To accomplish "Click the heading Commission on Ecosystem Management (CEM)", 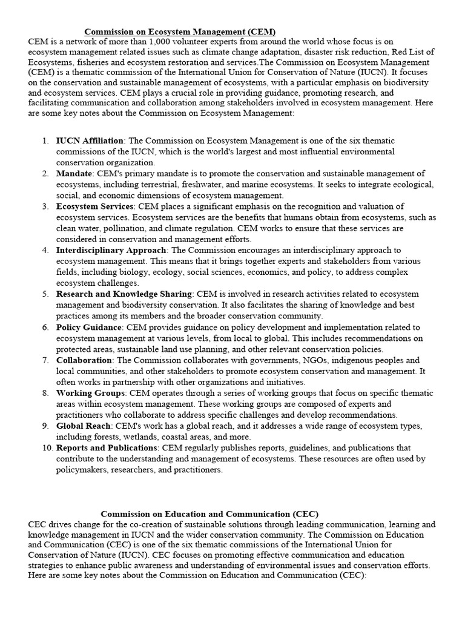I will coord(180,31).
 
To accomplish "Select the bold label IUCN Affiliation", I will coord(90,141).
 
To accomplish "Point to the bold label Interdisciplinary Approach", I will coord(111,250).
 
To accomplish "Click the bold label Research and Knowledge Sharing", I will coord(124,294).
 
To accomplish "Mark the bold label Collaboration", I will coord(84,360).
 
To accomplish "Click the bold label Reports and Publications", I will coord(106,447).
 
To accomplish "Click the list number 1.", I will coord(46,141).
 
